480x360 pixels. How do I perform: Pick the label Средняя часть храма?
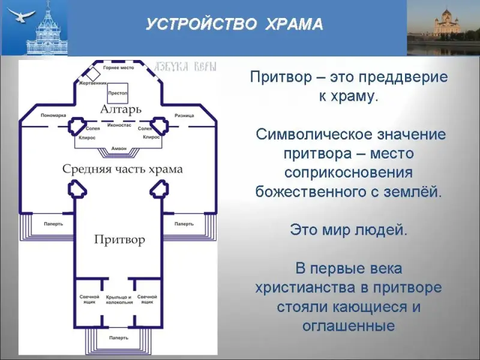click(122, 169)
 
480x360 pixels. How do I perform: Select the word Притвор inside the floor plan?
click(119, 240)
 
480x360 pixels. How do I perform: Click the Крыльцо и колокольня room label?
click(118, 300)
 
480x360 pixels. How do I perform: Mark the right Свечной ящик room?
click(147, 300)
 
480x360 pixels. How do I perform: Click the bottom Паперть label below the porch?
click(118, 338)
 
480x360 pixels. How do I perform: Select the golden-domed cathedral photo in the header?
click(443, 28)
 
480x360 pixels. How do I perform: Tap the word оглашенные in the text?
click(349, 326)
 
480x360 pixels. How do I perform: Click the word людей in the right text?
click(380, 229)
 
